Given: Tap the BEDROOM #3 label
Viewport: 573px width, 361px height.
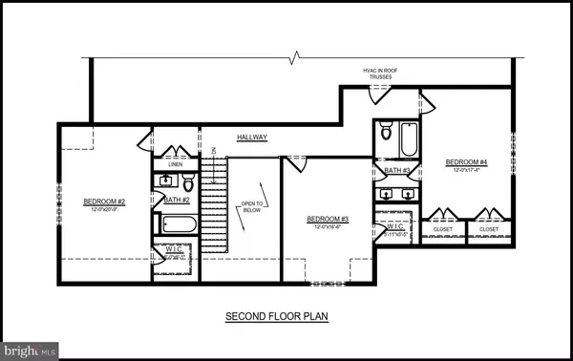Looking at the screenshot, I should coord(328,220).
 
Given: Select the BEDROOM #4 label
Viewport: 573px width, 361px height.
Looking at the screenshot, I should coord(466,162).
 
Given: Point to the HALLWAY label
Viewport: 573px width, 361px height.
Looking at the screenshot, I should coord(252,138).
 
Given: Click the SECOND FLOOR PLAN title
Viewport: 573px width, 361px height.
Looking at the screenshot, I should coord(277,315).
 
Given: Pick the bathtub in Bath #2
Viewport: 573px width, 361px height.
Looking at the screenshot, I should coord(179,225).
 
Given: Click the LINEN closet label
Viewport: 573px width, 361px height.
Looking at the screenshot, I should coord(175,164).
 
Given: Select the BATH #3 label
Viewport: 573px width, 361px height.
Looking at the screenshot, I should coord(397,171).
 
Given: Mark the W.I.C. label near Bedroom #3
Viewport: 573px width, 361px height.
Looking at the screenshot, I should coord(393,226).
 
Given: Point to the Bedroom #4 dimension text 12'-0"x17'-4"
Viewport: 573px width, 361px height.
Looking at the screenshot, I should coord(466,171).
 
